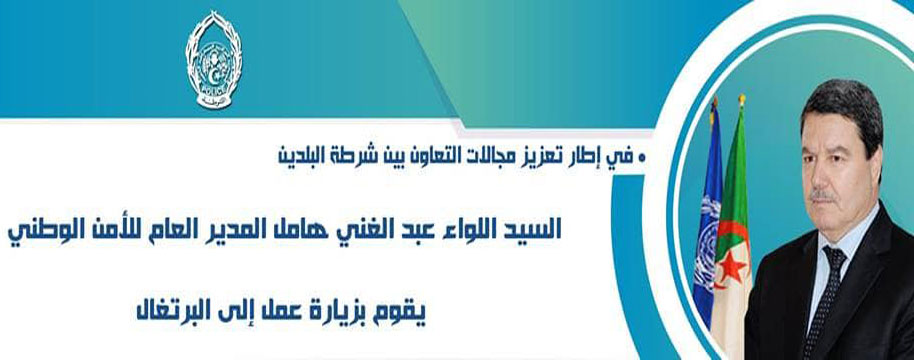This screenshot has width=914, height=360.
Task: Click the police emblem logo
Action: pyautogui.click(x=213, y=59)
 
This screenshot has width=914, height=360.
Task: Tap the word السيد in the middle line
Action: pyautogui.click(x=535, y=229)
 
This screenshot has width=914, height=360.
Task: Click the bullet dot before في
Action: pyautogui.click(x=642, y=158)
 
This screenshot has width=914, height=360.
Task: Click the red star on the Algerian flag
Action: pyautogui.click(x=732, y=269)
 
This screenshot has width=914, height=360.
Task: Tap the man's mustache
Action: pyautogui.click(x=822, y=196)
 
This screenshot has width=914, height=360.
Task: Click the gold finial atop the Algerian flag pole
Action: pyautogui.click(x=741, y=100)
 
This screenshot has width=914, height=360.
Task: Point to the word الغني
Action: pyautogui.click(x=381, y=229)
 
